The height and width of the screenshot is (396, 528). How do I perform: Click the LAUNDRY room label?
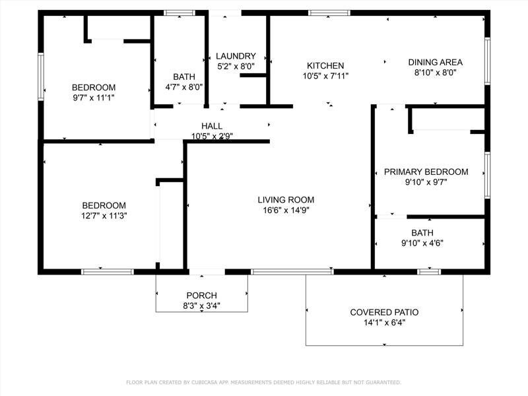236,56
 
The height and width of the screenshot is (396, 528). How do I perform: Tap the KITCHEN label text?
325,65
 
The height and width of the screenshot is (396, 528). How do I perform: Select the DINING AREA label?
436,62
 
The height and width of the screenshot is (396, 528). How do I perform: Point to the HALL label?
212,126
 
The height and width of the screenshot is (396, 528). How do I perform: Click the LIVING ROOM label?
286,200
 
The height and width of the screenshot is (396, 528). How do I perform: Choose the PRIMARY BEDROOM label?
426,172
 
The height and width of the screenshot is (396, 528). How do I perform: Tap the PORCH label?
202,295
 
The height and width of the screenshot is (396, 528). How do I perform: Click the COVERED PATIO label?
384,312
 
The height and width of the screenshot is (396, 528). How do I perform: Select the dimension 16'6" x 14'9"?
286,211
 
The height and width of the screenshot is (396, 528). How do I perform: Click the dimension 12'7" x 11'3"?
104,216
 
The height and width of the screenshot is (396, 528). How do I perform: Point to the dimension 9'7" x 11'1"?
94,98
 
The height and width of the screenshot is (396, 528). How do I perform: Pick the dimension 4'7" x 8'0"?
184,87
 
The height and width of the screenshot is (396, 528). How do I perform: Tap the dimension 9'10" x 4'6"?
422,243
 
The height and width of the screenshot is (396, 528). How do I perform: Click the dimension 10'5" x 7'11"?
325,76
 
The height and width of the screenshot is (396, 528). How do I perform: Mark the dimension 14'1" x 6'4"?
384,323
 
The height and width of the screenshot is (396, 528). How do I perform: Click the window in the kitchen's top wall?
329,13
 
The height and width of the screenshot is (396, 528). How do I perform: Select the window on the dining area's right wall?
487,61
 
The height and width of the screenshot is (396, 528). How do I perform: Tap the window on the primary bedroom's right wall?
487,175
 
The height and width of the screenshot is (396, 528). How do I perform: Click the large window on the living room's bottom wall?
292,272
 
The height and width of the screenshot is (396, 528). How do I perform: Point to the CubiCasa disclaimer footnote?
263,382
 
